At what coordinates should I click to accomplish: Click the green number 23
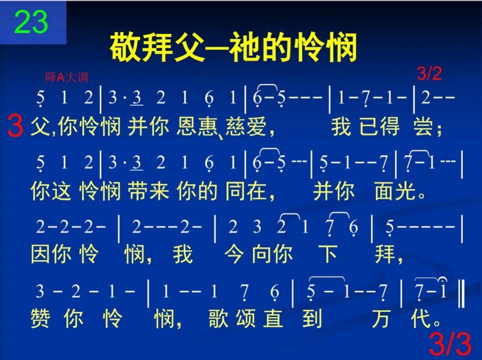pos(31,22)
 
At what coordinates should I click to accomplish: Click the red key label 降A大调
pos(66,78)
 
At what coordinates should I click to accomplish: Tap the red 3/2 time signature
pos(429,74)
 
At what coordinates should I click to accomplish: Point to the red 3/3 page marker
pos(450,345)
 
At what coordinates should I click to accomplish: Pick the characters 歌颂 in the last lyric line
pos(232,319)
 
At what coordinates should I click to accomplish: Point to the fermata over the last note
pos(443,279)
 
